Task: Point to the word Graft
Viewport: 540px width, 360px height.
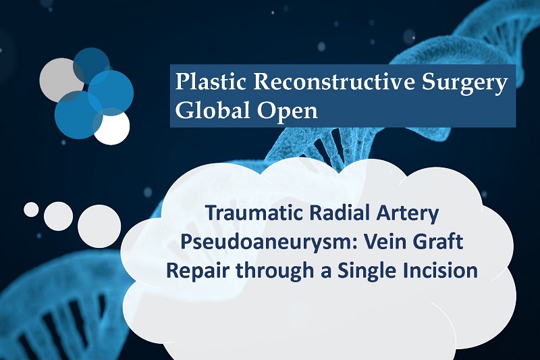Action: pos(435,241)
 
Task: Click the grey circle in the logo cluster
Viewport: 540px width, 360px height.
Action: pos(59,80)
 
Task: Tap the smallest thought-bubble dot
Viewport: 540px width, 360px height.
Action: pos(31,209)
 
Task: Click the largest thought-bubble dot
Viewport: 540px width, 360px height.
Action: pos(99,226)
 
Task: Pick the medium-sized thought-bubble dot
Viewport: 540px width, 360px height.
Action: pos(58,216)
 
